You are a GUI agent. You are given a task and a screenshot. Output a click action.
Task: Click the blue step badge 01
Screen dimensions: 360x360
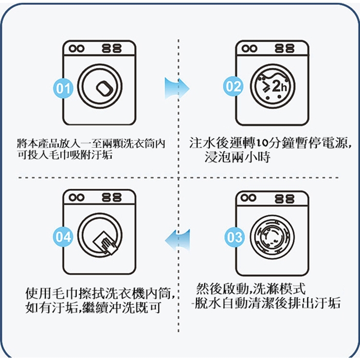pos(63,88)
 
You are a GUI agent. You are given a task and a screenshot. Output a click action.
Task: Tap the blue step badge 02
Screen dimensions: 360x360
pos(233,86)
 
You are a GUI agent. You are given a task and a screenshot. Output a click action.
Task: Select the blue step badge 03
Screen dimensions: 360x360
pos(234,237)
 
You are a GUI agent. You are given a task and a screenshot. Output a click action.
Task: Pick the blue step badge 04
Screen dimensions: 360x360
pos(63,237)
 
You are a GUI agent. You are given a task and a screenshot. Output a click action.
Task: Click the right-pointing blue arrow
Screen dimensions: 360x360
pos(177,88)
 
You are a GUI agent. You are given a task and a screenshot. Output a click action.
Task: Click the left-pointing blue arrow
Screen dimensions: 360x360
pos(177,240)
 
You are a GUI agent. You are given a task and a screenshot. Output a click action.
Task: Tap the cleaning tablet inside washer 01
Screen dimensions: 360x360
pos(105,88)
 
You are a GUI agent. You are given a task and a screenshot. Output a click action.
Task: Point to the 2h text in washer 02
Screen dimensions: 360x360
pos(280,87)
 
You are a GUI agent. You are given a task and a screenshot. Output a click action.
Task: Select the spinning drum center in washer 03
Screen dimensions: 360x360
pos(273,237)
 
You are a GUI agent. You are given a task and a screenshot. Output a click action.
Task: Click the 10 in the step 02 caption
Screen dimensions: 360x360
pos(261,143)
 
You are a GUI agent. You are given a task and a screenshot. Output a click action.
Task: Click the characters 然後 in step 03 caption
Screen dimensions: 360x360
pos(210,289)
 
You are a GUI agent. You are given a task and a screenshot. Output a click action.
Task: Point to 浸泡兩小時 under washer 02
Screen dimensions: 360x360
pos(237,157)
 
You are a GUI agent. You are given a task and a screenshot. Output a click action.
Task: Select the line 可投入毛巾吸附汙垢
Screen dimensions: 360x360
pos(65,155)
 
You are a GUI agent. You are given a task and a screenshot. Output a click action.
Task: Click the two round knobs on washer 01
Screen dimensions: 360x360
pos(77,48)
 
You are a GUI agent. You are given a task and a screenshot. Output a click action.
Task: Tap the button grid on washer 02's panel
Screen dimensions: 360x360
pos(285,49)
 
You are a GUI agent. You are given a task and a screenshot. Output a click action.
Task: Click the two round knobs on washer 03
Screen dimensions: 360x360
pos(248,197)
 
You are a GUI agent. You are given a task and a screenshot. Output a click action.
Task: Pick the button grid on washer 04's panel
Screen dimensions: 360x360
pos(112,197)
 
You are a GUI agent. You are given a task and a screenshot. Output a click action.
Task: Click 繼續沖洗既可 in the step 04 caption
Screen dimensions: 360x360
pos(121,308)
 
